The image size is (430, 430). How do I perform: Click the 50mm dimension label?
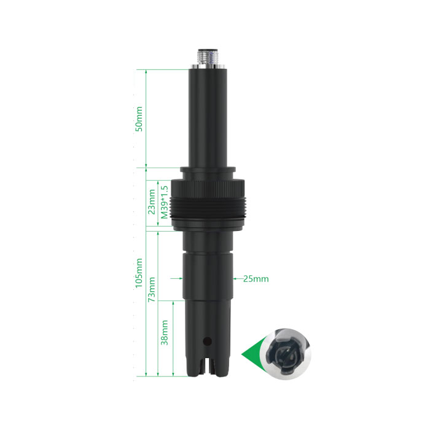point(139,119)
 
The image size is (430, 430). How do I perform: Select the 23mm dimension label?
point(152,202)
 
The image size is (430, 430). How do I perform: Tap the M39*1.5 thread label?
point(164,202)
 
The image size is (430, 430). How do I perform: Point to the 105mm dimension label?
point(139,273)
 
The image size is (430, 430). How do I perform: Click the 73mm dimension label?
point(152,289)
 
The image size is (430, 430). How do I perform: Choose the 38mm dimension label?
point(164,332)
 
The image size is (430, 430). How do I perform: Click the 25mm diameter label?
point(256,279)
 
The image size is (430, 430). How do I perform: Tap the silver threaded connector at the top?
point(208,58)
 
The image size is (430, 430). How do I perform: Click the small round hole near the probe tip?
point(208,342)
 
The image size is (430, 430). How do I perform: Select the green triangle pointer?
point(251,354)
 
